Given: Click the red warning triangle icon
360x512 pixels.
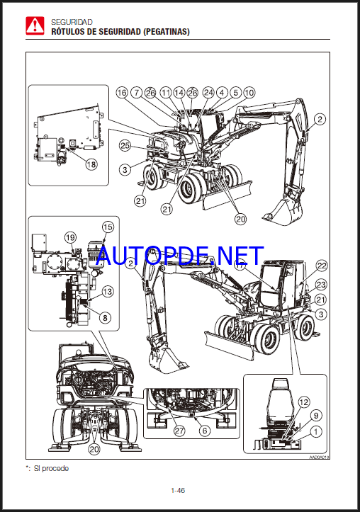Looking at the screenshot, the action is (35, 25).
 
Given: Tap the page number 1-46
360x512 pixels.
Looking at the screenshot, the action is (178, 490).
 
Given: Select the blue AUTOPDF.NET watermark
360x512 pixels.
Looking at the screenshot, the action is (180, 256).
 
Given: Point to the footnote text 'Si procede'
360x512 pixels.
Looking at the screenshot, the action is (51, 468).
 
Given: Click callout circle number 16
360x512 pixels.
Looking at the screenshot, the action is (122, 93).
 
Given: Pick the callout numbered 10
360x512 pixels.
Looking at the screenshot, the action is (249, 93).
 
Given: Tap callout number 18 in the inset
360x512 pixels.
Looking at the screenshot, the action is (91, 164).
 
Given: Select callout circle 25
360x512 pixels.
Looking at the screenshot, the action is (125, 145).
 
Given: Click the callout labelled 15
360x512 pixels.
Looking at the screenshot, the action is (108, 227).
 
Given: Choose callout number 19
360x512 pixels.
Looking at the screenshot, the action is (71, 237).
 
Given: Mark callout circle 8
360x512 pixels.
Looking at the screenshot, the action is (105, 317).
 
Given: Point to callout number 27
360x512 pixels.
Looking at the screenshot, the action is (179, 431).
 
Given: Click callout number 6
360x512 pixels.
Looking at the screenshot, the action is (205, 431).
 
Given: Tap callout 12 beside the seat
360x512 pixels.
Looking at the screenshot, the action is (304, 402).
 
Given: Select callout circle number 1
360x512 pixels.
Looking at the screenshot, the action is (316, 432).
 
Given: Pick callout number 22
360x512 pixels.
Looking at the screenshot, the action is (322, 266).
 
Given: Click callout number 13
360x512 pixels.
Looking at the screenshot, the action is (108, 292).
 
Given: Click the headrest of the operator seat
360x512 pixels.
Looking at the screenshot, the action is (279, 384).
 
